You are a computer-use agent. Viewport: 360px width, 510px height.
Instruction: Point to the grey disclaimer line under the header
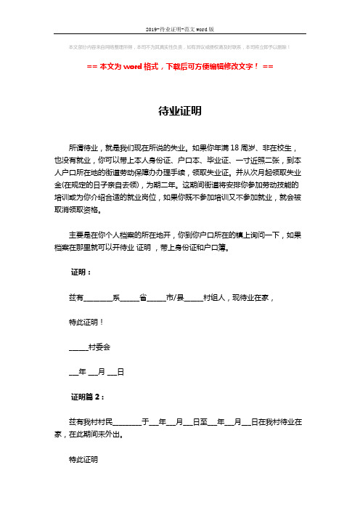click(180, 48)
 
